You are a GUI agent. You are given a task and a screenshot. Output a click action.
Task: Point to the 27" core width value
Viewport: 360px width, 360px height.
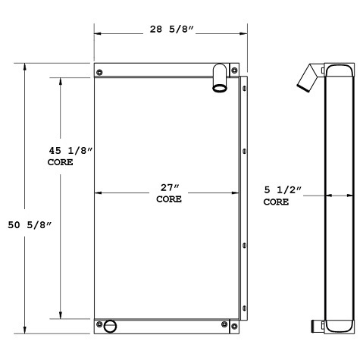coord(169,188)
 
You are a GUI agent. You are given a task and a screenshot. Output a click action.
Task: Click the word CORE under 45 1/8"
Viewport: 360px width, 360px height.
coord(61,162)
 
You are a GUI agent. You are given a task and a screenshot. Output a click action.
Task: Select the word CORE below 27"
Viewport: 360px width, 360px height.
coord(169,200)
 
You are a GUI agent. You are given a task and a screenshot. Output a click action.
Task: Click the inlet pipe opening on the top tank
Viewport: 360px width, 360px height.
coord(219,88)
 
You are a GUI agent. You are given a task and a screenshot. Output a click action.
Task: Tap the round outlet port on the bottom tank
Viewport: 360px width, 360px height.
coord(111,327)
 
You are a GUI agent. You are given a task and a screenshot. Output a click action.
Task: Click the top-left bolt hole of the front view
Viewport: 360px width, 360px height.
coord(100,72)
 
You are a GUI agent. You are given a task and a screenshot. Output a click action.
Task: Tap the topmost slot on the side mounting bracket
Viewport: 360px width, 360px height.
coord(244,90)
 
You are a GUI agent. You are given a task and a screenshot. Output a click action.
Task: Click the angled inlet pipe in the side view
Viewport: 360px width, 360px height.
coord(309,79)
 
